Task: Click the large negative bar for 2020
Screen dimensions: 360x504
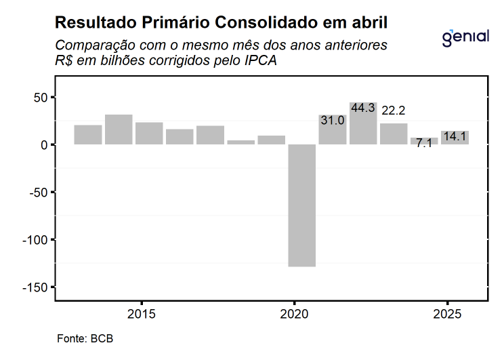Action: pos(301,205)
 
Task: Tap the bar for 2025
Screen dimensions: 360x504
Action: pos(455,138)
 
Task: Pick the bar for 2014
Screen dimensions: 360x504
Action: pos(119,129)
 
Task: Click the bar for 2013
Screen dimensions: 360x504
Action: pos(88,134)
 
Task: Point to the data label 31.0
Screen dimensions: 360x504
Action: pos(332,120)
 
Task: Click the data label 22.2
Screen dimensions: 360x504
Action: pos(393,110)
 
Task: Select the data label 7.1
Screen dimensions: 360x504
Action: pos(424,144)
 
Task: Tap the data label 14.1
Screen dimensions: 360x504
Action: pos(455,137)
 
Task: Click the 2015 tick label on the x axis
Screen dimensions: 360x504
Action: pos(141,315)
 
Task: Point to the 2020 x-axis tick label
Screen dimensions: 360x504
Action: pos(294,315)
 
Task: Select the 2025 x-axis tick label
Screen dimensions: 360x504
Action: pos(446,315)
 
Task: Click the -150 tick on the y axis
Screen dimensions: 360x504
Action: pos(35,287)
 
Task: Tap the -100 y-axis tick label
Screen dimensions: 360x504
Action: pos(35,240)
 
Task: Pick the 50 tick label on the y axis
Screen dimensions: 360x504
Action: pos(41,98)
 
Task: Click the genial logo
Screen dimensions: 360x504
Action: pos(465,37)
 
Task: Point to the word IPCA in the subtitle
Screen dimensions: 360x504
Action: pos(258,60)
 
